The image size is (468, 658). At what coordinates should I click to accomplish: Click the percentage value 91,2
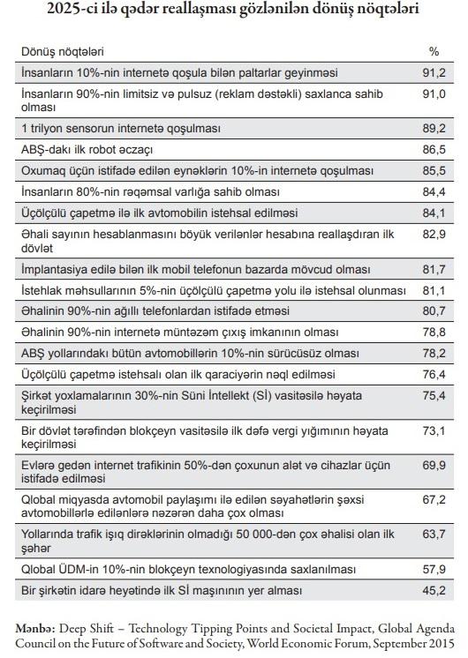tap(434, 72)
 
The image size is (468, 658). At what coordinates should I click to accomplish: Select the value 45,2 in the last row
tap(434, 590)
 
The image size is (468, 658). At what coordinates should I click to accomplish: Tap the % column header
tap(434, 52)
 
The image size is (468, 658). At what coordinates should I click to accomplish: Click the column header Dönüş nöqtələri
tap(63, 52)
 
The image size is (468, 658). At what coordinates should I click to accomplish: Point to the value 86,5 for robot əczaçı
tap(434, 149)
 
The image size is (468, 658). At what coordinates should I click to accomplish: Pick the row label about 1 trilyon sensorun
tap(121, 129)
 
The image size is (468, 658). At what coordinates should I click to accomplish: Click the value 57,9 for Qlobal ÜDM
tap(434, 570)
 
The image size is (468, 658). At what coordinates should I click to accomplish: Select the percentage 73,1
tap(434, 430)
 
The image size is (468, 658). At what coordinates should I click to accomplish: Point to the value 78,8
tap(434, 332)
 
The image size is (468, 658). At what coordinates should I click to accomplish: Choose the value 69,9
tap(434, 465)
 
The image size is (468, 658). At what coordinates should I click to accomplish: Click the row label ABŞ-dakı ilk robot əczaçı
tap(87, 150)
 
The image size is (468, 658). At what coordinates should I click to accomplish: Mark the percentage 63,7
tap(434, 535)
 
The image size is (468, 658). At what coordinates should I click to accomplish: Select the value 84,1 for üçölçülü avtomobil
tap(434, 213)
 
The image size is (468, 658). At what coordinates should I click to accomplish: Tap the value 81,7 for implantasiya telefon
tap(434, 269)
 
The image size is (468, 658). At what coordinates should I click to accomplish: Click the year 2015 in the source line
tap(441, 643)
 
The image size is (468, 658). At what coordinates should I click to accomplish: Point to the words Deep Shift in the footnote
tap(87, 629)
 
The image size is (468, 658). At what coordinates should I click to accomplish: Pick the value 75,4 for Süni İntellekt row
tap(434, 395)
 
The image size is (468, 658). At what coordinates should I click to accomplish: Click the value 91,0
tap(434, 93)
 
